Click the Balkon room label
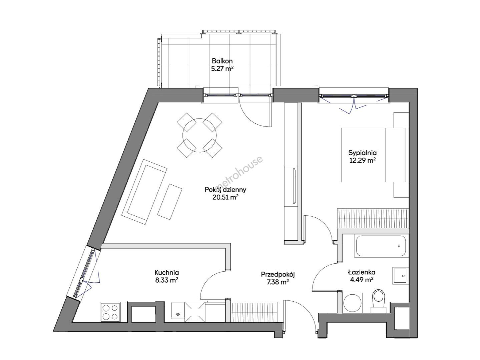point(222,61)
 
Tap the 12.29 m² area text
point(362,161)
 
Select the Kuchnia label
point(167,273)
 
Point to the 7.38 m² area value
point(278,282)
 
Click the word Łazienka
point(362,272)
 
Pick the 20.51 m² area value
point(225,197)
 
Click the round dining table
point(199,135)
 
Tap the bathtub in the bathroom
point(381,246)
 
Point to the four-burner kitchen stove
point(110,312)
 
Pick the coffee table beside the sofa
point(170,201)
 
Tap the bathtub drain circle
point(399,246)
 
